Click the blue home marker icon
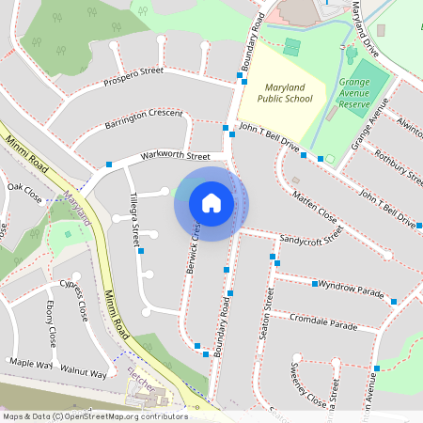211,203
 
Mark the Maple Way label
28,362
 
